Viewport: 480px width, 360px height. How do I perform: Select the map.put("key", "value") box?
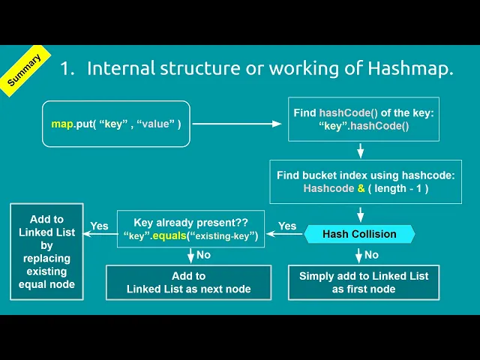(116, 122)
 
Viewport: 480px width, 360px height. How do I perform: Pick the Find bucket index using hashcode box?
(365, 181)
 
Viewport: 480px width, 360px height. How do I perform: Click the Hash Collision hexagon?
(359, 234)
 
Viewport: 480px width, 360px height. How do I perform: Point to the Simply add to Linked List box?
(364, 282)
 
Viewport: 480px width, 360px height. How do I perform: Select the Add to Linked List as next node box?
(189, 282)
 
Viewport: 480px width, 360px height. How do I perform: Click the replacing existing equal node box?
(46, 251)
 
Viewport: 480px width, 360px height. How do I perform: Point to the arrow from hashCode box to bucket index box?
(360, 150)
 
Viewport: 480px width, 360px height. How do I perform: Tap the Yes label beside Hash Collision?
(287, 226)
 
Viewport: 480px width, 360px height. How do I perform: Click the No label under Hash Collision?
(371, 255)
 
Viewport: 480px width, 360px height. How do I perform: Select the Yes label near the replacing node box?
(99, 226)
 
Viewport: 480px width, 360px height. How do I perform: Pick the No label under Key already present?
(203, 255)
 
